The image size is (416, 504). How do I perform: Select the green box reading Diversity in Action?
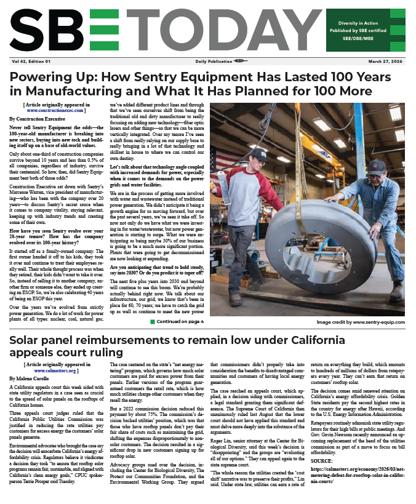pos(366,30)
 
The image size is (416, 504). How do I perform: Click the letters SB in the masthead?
pos(50,31)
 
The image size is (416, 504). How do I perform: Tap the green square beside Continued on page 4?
pos(152,321)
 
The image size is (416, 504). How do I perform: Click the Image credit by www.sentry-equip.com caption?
pos(361,322)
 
